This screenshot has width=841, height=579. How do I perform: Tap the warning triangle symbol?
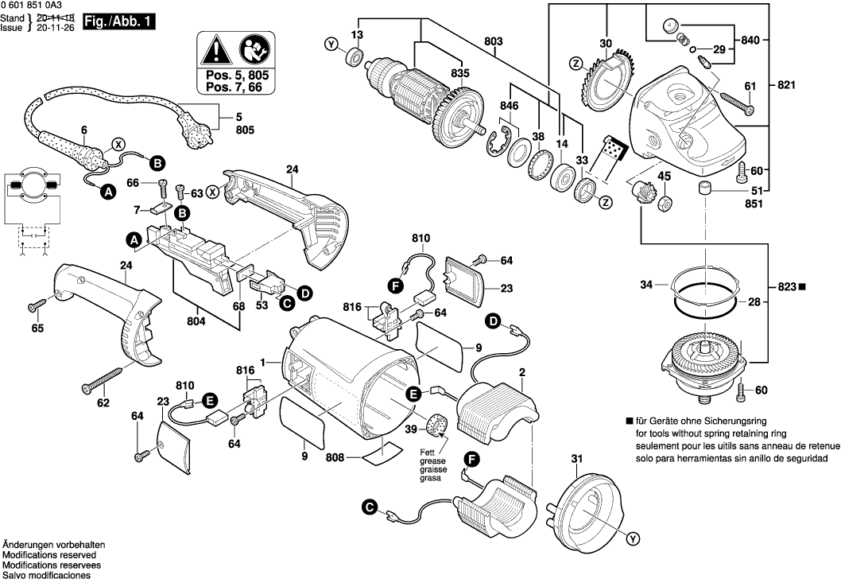(x=213, y=52)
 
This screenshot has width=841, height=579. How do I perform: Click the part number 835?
(x=460, y=72)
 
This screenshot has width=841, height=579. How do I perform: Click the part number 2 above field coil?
(x=522, y=371)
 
